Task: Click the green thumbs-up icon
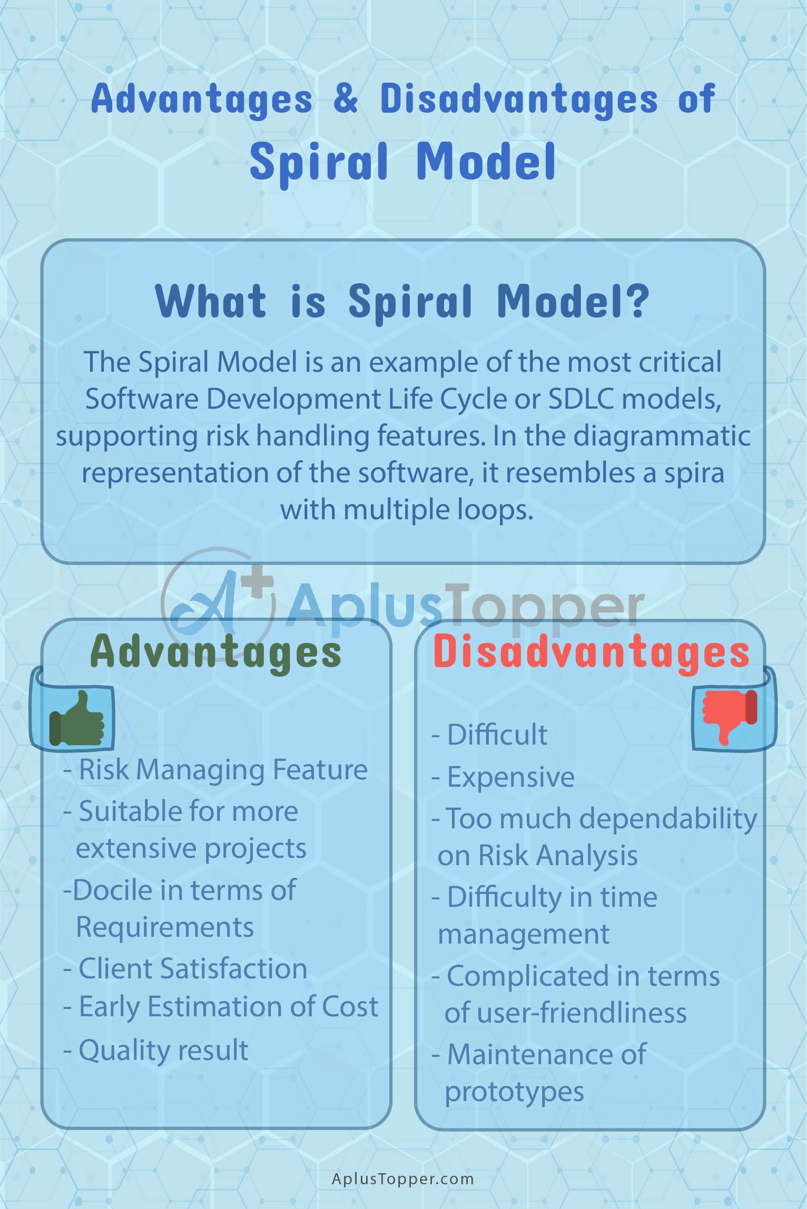tap(76, 719)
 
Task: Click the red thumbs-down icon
tap(730, 718)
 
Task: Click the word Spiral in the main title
tap(319, 162)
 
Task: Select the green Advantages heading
tap(216, 652)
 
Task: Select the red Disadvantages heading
tap(591, 653)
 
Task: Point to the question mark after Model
tap(638, 301)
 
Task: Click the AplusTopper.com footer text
tap(403, 1179)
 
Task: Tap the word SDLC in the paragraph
tap(581, 399)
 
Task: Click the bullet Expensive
tap(503, 777)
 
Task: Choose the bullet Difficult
tap(489, 734)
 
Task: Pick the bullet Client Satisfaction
tap(185, 968)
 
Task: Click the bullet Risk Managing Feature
tap(215, 770)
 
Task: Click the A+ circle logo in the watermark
tap(218, 604)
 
